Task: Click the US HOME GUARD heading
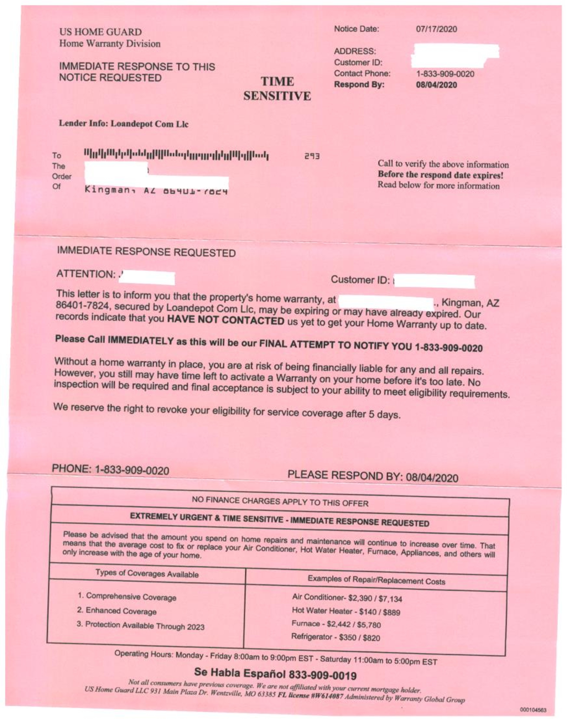(100, 32)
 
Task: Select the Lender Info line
(123, 124)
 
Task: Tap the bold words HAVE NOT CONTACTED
(226, 320)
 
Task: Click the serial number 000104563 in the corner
(532, 710)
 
